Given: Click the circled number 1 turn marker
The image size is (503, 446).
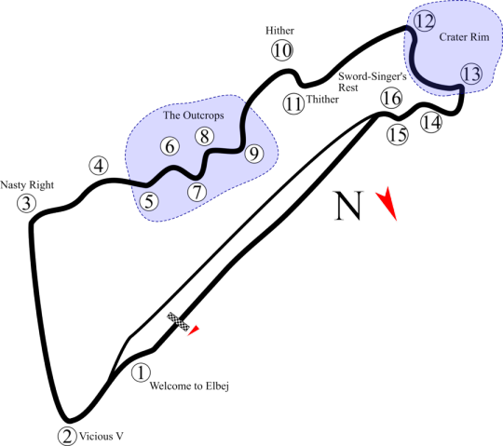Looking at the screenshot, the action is click(x=141, y=372).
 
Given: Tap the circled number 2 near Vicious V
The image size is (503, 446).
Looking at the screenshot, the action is click(x=67, y=436).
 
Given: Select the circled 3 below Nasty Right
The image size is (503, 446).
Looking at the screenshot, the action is click(x=27, y=203).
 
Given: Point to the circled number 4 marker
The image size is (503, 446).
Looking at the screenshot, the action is click(x=99, y=166).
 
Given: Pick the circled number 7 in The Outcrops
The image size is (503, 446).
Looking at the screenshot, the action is click(x=197, y=192).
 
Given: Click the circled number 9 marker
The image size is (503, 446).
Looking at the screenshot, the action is click(x=254, y=154).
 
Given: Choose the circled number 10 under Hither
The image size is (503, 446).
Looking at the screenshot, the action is click(x=282, y=50).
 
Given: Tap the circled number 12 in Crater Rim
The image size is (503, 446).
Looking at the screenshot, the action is click(x=425, y=21).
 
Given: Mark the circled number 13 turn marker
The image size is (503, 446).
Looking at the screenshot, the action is click(x=471, y=74).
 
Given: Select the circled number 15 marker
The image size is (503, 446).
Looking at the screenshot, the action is click(x=398, y=135).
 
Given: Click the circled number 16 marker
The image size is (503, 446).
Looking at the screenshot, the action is click(x=391, y=98).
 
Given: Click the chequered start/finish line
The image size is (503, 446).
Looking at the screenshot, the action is click(x=178, y=321).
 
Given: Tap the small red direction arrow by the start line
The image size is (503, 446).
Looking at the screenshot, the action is click(x=194, y=331).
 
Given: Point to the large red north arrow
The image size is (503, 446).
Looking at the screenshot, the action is click(x=388, y=204).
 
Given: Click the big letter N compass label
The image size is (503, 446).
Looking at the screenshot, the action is click(x=348, y=206).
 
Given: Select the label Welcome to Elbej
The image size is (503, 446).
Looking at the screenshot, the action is click(x=189, y=386).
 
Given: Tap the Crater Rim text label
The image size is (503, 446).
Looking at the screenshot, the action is click(x=464, y=37).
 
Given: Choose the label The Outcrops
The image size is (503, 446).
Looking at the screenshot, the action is click(x=194, y=115).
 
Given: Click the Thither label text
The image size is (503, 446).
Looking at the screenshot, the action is click(x=322, y=100).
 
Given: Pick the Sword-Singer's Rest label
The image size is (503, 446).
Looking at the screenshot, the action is click(x=373, y=82).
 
